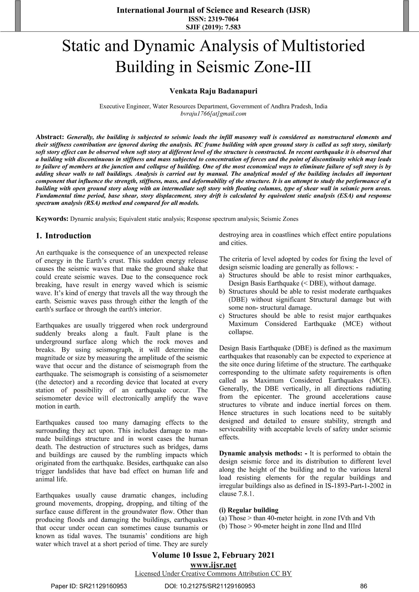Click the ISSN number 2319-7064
pyautogui.click(x=223, y=19)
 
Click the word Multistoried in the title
pyautogui.click(x=323, y=46)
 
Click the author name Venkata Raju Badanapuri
pyautogui.click(x=213, y=91)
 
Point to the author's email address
pyautogui.click(x=213, y=114)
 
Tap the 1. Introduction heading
pyautogui.click(x=63, y=236)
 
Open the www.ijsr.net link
pyautogui.click(x=213, y=565)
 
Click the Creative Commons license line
pyautogui.click(x=213, y=573)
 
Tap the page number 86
pyautogui.click(x=363, y=586)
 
